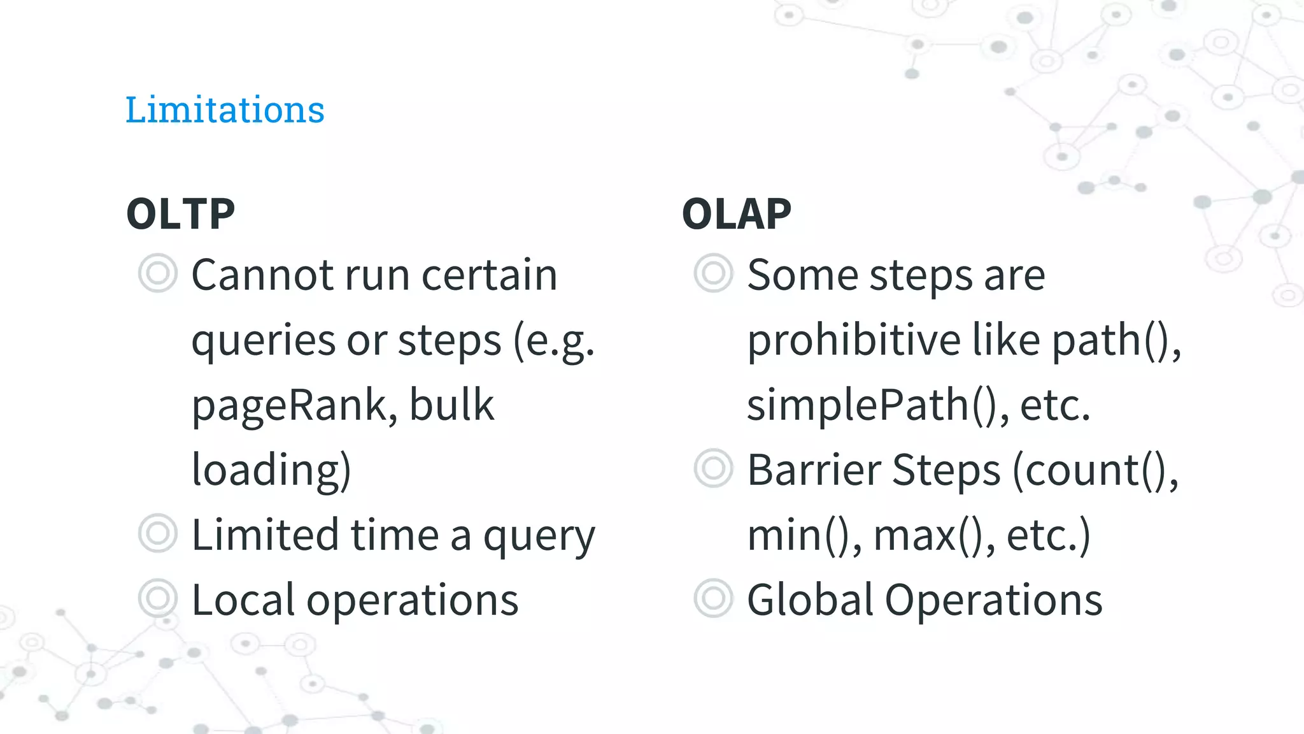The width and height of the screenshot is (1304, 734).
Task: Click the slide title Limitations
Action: (x=225, y=110)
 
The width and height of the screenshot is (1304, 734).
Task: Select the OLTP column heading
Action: (x=181, y=213)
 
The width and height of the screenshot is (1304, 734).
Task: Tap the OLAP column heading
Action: (x=737, y=213)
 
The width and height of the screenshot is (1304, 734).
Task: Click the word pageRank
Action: (x=290, y=406)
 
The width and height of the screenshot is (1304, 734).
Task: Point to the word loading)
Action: (x=271, y=470)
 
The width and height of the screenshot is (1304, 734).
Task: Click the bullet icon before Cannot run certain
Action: (x=157, y=273)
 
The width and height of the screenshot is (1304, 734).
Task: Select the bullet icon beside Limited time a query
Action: (x=157, y=533)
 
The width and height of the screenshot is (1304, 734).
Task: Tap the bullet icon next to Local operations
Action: (x=157, y=598)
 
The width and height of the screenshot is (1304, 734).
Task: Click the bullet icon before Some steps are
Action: (x=713, y=273)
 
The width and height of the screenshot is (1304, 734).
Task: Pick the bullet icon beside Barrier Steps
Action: (x=713, y=468)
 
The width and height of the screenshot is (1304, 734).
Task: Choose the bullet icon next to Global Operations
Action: (x=713, y=598)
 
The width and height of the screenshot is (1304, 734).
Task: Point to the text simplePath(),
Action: (x=878, y=406)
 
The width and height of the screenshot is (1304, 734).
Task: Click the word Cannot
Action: (x=262, y=275)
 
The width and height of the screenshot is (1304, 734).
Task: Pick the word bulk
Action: (x=451, y=405)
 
